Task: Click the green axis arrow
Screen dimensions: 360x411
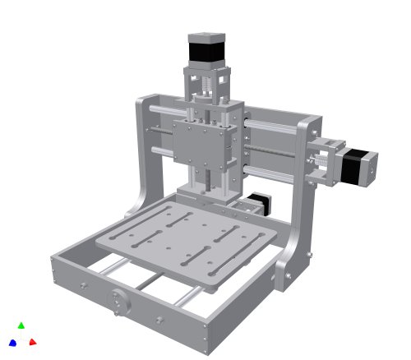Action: (x=21, y=325)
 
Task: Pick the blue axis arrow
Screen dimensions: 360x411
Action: (x=12, y=342)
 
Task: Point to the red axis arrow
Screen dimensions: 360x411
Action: (x=33, y=341)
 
